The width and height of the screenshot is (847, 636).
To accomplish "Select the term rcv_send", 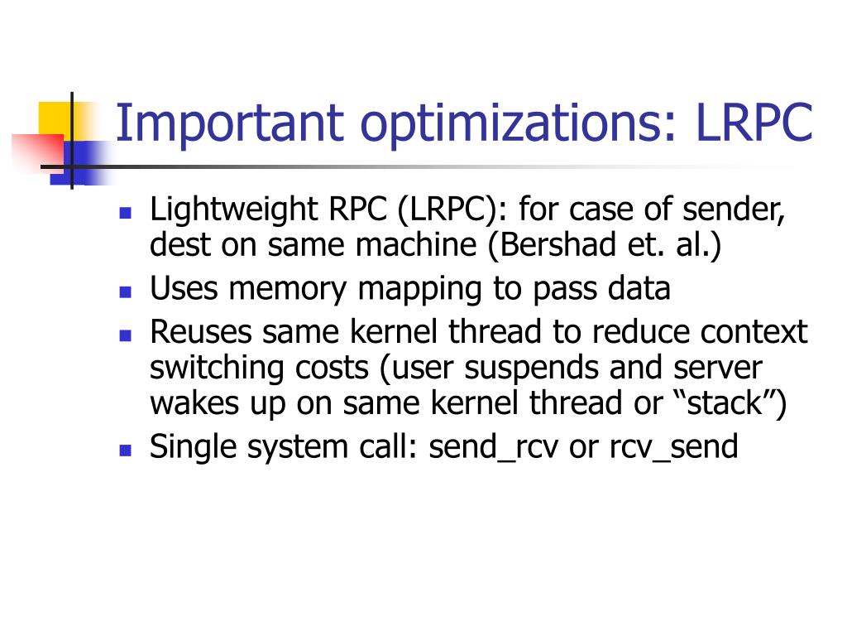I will coord(673,447).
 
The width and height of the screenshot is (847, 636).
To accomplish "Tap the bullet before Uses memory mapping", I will coord(126,291).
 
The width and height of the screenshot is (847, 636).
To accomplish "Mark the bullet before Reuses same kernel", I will coord(126,334).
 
